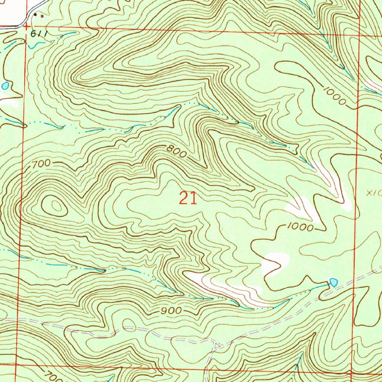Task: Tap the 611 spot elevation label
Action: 39,34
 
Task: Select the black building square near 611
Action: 35,15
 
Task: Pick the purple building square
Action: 42,16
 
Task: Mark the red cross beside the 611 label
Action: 26,27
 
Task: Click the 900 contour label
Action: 172,311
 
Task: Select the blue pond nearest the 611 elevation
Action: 5,86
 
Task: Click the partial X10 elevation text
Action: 374,193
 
